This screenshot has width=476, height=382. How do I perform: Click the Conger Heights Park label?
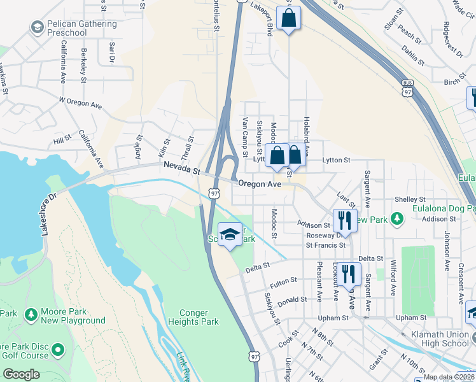[190, 317]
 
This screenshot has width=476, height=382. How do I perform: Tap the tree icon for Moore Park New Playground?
[31, 315]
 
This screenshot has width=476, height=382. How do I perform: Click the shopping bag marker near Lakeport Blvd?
[288, 19]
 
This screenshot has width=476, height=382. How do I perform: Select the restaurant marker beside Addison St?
[344, 220]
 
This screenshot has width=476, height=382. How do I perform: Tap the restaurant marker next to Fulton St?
[348, 274]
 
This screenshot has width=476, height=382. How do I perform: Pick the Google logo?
[20, 374]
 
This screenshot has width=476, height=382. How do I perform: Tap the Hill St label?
[62, 139]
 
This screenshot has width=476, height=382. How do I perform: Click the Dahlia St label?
[412, 55]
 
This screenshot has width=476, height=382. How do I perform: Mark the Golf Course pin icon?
[59, 350]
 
